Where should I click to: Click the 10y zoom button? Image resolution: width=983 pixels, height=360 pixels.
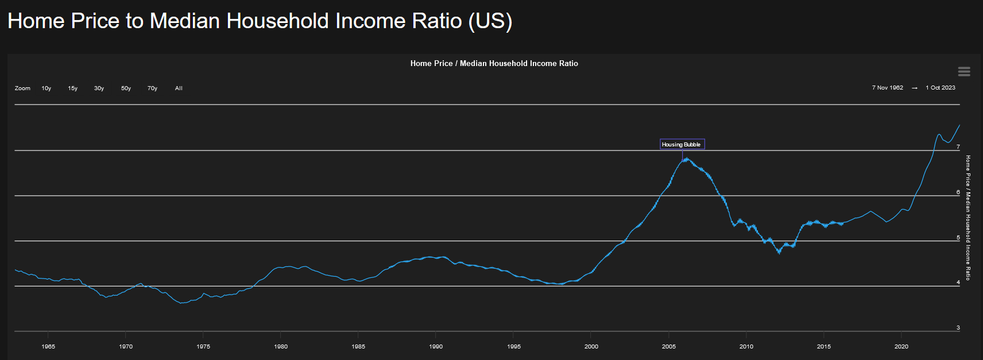pos(47,88)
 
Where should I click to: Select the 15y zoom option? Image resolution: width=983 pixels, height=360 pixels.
pos(73,88)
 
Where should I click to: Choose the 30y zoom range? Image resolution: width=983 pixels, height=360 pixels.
pos(99,88)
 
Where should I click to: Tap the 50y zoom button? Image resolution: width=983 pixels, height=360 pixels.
pos(126,88)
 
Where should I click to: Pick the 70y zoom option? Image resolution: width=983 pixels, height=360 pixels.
pos(152,88)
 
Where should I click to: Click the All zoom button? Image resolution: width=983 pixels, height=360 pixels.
pos(179,88)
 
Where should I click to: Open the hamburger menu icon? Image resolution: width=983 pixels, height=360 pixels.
pos(964,71)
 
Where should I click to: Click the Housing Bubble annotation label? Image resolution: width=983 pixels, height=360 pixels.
pos(682,145)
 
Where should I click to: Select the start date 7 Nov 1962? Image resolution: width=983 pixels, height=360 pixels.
pos(887,88)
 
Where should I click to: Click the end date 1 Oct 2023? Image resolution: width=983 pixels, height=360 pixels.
pos(941,88)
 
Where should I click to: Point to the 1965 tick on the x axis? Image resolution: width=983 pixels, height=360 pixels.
pos(48,346)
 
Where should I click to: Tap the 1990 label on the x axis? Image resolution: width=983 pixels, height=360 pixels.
pos(436,346)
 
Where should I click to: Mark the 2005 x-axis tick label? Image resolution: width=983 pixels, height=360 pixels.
pos(669,346)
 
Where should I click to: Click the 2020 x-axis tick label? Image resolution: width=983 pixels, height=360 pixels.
pos(901,346)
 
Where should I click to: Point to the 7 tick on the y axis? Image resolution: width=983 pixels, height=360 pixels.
pos(958,147)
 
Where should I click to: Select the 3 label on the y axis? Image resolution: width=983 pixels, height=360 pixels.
pos(958,328)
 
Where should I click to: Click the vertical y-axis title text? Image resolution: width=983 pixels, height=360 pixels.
pos(968,218)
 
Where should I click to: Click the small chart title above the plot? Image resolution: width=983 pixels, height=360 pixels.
pos(494,64)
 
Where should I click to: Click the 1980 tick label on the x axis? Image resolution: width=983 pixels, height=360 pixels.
pos(281,346)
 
